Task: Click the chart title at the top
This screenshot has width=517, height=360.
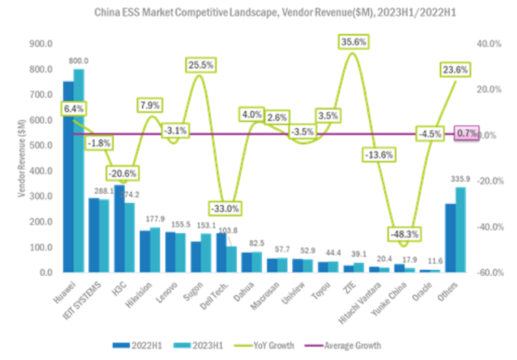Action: point(258,13)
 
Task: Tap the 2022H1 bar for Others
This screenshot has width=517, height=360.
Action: point(450,238)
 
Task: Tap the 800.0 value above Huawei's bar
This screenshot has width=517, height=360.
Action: point(79,60)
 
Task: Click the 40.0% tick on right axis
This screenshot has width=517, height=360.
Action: point(490,44)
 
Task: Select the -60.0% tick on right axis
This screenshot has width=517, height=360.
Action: point(490,273)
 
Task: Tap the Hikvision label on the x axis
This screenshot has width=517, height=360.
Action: point(139,294)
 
